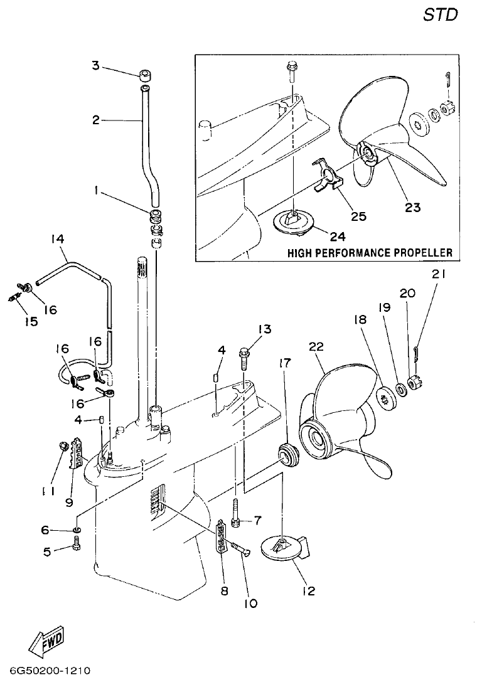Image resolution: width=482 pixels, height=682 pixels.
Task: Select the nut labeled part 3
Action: click(145, 75)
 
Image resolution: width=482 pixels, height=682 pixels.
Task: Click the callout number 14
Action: click(58, 239)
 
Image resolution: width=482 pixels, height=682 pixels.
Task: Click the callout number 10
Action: click(250, 604)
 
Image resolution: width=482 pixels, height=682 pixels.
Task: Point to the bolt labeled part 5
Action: click(77, 548)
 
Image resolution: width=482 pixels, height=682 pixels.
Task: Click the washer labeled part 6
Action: click(76, 531)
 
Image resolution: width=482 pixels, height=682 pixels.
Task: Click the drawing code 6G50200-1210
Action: click(46, 671)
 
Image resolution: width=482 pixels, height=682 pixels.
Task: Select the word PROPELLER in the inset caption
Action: click(420, 253)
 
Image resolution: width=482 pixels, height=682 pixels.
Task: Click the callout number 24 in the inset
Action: click(338, 236)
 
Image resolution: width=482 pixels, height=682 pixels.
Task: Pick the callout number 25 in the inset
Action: click(358, 216)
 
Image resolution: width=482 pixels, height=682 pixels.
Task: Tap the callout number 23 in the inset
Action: click(413, 206)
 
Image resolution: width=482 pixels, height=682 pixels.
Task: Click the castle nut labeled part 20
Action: click(413, 381)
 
